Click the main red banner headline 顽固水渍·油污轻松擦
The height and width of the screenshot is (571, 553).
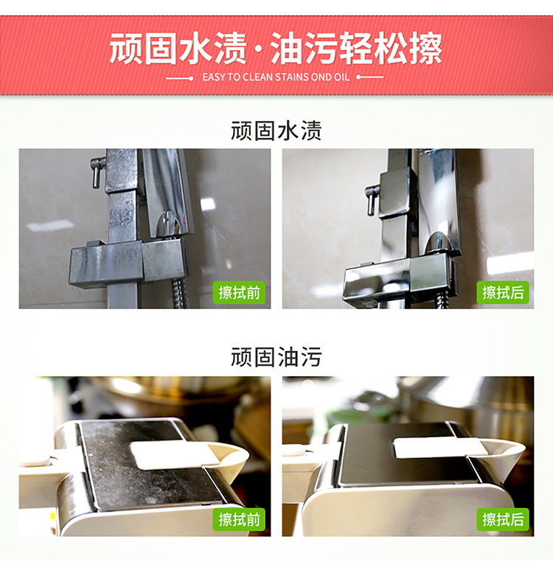click(x=276, y=49)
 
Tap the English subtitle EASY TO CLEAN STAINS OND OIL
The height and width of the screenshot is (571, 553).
click(x=276, y=77)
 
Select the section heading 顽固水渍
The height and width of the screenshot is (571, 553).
click(x=276, y=131)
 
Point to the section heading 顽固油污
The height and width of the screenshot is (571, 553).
click(x=276, y=357)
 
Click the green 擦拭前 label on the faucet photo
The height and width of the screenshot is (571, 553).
click(x=239, y=292)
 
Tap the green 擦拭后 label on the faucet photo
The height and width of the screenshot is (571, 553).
click(x=503, y=292)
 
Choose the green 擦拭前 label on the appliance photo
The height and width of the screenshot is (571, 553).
click(x=239, y=519)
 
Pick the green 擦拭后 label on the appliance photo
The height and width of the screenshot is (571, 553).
click(x=503, y=519)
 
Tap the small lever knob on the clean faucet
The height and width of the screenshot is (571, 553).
click(x=372, y=200)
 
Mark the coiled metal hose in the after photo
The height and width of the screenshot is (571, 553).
click(x=442, y=300)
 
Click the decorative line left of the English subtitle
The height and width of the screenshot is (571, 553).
click(x=179, y=78)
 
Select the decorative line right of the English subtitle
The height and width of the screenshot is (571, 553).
click(x=370, y=77)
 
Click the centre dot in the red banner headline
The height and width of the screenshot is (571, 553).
click(x=258, y=49)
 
